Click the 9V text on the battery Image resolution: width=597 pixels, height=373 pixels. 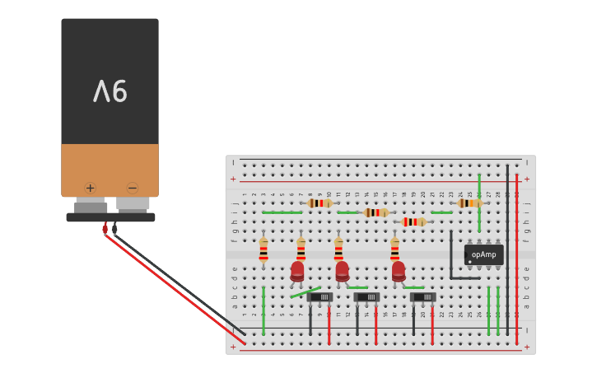tap(110, 91)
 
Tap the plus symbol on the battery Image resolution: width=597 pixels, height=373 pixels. tap(90, 188)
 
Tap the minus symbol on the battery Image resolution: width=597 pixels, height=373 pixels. tap(132, 188)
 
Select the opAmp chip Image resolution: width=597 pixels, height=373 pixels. tap(483, 255)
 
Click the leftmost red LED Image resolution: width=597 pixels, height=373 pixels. tap(297, 271)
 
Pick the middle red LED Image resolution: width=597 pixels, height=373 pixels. tap(342, 271)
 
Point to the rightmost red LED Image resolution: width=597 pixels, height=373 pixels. tap(399, 271)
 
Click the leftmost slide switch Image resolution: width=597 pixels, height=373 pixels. tap(320, 296)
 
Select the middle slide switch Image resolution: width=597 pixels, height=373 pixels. tap(367, 296)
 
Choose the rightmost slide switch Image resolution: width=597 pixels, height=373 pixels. tap(423, 296)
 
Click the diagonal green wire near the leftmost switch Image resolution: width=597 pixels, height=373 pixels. tap(305, 291)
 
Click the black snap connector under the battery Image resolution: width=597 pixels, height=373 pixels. tap(110, 217)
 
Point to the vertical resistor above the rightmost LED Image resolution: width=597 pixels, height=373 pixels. tap(394, 249)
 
